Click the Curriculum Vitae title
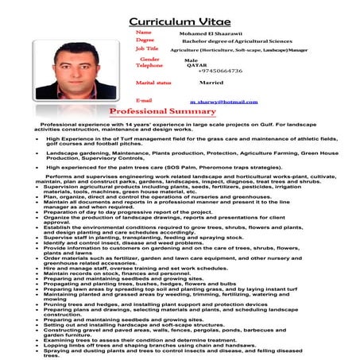tap(180, 16)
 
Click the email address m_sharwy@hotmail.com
tap(219, 102)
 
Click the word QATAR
tap(195, 64)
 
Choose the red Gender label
tap(149, 59)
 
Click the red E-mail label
tap(144, 101)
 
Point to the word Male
tap(191, 60)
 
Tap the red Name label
tap(144, 33)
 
